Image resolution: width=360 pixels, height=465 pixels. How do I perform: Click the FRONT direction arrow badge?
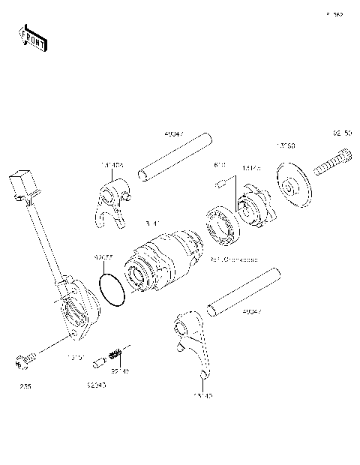pos(31,37)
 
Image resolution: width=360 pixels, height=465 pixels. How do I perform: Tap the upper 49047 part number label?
pos(173,135)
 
